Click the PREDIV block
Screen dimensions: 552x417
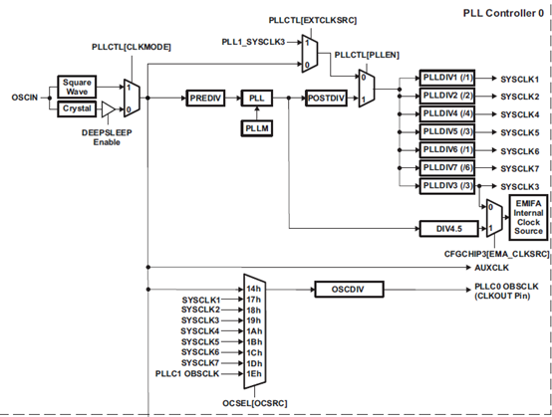click(205, 99)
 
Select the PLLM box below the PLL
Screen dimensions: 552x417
click(257, 128)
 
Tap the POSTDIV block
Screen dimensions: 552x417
click(326, 99)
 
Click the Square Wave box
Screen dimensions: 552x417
click(77, 87)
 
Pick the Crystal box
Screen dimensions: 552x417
click(77, 109)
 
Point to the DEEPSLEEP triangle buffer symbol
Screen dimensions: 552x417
click(108, 109)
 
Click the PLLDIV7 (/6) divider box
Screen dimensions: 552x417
click(447, 168)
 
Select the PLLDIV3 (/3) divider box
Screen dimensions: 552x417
click(447, 186)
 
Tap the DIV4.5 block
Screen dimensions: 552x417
click(449, 229)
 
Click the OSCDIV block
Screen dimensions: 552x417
click(349, 290)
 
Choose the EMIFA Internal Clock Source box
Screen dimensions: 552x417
click(528, 217)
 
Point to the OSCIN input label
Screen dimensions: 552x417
click(25, 98)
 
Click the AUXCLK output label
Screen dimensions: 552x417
click(491, 268)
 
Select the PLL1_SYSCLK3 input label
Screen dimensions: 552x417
click(253, 42)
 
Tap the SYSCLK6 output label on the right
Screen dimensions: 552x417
click(519, 151)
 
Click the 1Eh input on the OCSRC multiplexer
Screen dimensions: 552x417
click(254, 374)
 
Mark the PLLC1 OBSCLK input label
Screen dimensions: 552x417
click(187, 374)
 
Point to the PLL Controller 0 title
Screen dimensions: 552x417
click(503, 13)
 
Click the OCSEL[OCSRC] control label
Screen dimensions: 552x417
click(255, 403)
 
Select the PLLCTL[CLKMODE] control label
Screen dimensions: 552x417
click(132, 47)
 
